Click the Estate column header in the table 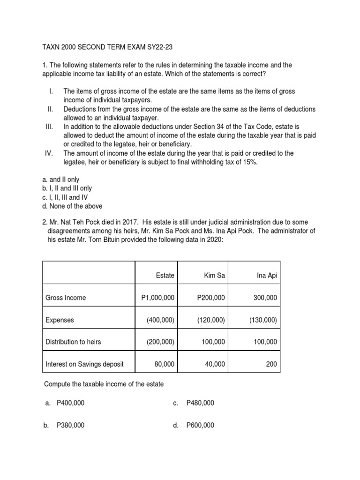[x=165, y=276]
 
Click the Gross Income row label [x=66, y=298]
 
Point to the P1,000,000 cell [x=157, y=298]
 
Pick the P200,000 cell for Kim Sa [x=211, y=298]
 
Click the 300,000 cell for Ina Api [x=265, y=298]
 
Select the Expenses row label [x=60, y=320]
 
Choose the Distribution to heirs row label [x=73, y=342]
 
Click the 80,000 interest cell [x=164, y=364]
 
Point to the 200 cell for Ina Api [x=271, y=364]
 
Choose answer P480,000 [x=200, y=403]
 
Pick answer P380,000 [x=70, y=425]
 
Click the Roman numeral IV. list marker [x=48, y=153]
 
